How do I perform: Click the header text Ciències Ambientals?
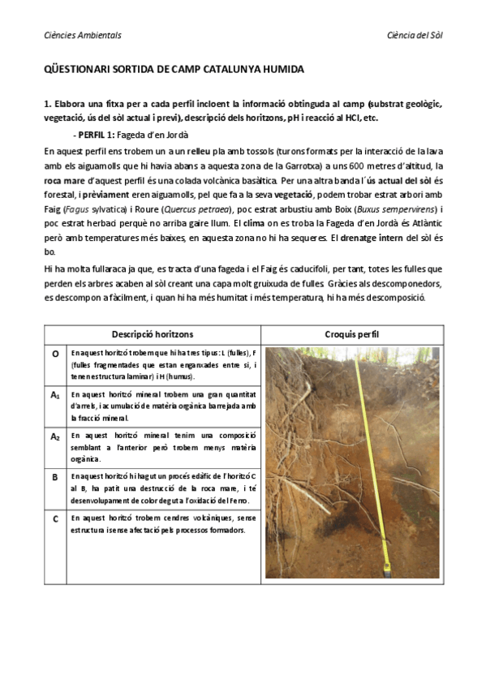[x=82, y=36]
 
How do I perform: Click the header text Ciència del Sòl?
[x=415, y=36]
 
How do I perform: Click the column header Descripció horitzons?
[x=151, y=335]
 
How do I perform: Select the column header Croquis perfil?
[x=351, y=335]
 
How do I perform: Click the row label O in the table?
[x=55, y=355]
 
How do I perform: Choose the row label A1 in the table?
[x=55, y=394]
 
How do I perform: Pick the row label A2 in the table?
[x=55, y=436]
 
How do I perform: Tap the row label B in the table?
[x=55, y=477]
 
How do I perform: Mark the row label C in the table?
[x=55, y=518]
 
